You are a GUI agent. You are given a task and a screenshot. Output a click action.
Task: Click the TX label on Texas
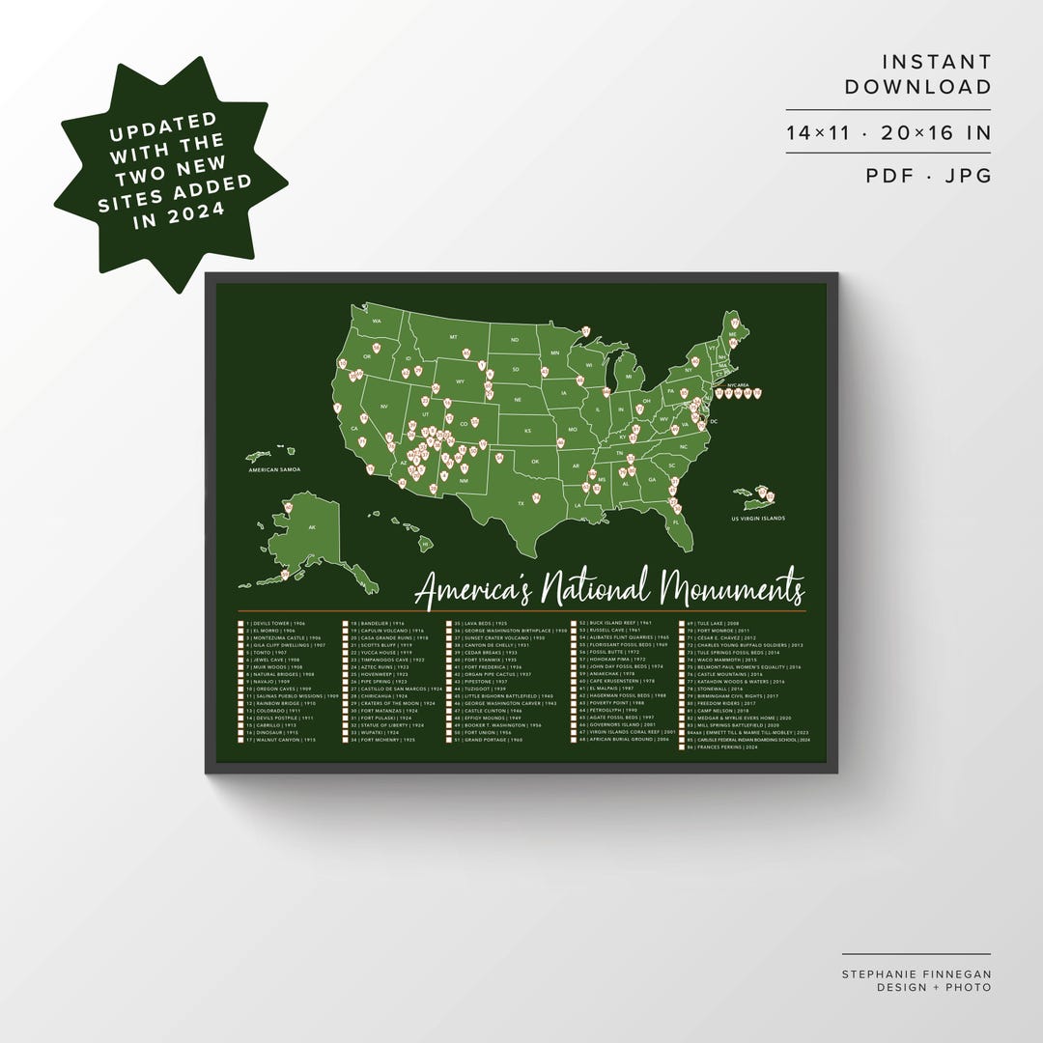[521, 503]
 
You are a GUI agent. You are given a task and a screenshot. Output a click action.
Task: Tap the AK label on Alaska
[312, 528]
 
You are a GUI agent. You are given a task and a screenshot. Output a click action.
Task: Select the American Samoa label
[274, 469]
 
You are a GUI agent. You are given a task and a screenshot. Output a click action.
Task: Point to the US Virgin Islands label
[758, 519]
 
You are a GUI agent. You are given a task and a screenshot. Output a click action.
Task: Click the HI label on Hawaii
[425, 545]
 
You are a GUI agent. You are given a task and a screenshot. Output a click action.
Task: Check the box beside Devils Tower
[240, 625]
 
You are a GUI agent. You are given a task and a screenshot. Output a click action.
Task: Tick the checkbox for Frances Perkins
[682, 747]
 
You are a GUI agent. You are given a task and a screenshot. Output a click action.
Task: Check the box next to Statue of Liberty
[346, 725]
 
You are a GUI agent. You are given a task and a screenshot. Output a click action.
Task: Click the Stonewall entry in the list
[717, 689]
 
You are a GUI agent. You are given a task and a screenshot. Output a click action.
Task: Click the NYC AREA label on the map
[738, 382]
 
